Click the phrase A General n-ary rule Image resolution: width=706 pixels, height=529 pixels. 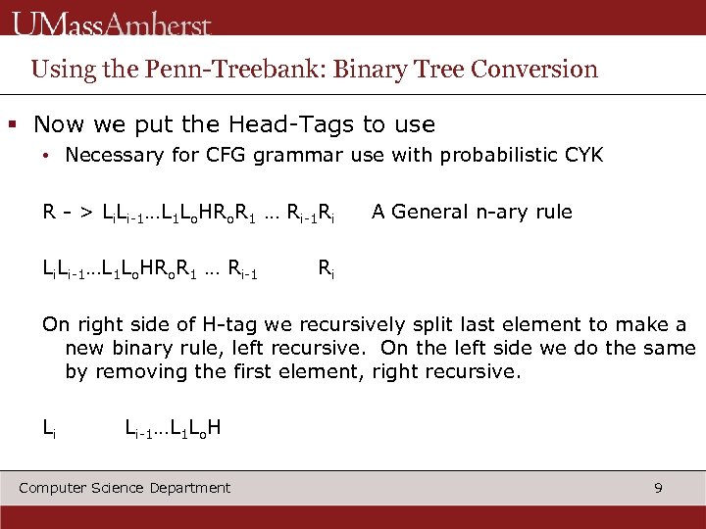471,212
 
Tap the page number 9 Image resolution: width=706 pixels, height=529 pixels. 658,487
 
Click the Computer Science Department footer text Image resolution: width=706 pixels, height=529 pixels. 125,487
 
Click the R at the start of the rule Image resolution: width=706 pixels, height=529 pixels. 48,212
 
